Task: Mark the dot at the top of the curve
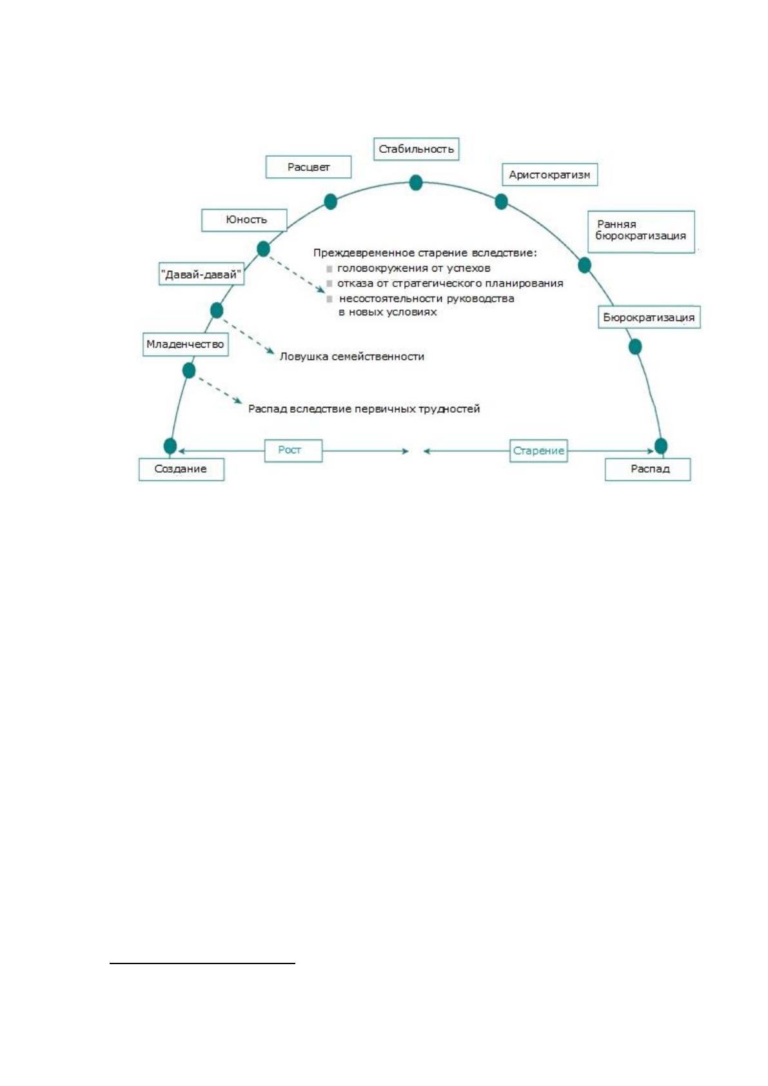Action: (x=416, y=183)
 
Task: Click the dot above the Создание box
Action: (x=170, y=446)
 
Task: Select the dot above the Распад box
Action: (x=661, y=446)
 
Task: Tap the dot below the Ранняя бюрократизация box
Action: (x=585, y=265)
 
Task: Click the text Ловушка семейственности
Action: (x=351, y=357)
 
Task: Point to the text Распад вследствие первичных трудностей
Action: (x=364, y=409)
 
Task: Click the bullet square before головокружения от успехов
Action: (x=330, y=268)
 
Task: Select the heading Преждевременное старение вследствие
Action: (x=425, y=253)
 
